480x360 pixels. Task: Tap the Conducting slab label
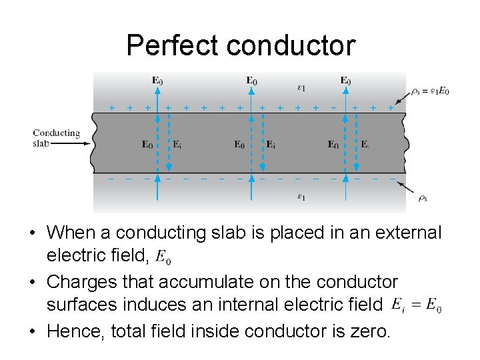56,137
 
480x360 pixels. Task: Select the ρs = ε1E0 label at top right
430,91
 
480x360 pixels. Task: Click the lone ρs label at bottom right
422,198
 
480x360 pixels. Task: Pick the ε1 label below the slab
301,197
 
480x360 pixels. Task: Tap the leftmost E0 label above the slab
157,81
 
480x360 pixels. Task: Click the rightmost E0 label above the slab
345,81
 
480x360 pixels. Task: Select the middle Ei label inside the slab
271,144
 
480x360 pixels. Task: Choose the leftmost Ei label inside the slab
177,144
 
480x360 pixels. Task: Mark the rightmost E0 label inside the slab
333,144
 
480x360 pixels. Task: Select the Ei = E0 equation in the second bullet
415,305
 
